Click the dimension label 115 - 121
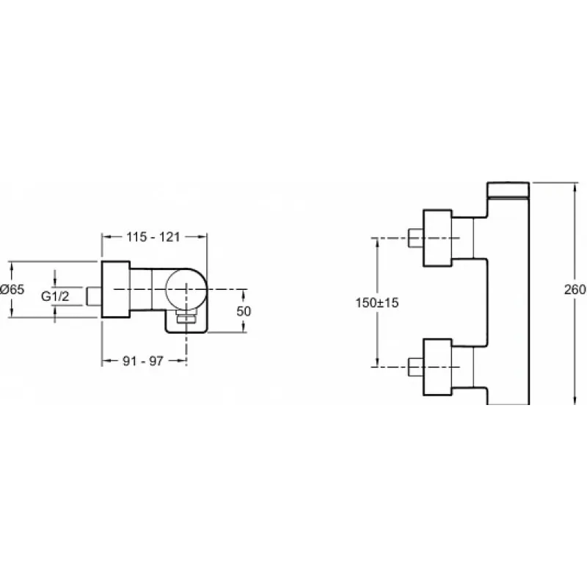click(153, 237)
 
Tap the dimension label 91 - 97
click(143, 361)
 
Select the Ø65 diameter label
click(12, 289)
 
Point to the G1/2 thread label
click(55, 296)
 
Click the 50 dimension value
click(244, 310)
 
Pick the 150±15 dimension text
click(377, 302)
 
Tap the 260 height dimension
click(575, 289)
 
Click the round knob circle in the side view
click(186, 289)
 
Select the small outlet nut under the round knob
click(186, 318)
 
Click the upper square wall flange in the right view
click(437, 238)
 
